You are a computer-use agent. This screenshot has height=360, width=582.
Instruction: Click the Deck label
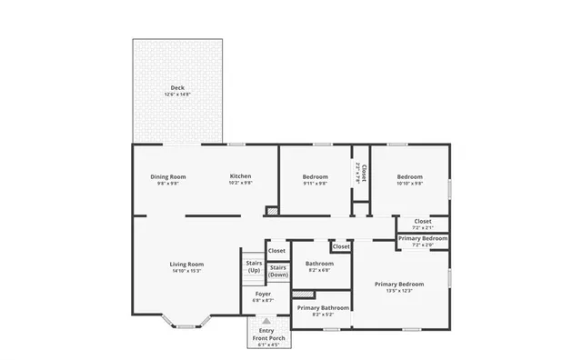(x=177, y=88)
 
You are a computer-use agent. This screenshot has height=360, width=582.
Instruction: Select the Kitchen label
(x=240, y=176)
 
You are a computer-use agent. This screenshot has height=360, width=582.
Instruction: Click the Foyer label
(x=263, y=294)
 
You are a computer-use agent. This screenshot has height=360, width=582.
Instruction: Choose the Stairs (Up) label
(x=254, y=266)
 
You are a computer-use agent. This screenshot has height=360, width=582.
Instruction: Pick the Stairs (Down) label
(x=278, y=270)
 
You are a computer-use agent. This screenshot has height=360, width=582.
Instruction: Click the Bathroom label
(x=319, y=264)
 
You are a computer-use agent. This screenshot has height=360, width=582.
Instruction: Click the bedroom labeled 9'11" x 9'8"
(x=315, y=176)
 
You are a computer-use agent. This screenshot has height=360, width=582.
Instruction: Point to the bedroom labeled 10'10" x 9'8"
(x=409, y=176)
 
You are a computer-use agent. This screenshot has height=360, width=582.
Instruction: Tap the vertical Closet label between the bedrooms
(x=363, y=173)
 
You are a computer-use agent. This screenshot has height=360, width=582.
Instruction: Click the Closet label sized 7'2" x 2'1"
(x=422, y=221)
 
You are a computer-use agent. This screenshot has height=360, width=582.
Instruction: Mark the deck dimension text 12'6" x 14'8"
(x=177, y=95)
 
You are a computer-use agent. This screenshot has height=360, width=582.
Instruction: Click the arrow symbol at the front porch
(x=266, y=321)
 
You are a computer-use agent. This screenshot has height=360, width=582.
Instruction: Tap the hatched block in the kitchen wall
(x=271, y=212)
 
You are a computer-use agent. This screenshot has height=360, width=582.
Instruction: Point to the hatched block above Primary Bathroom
(x=303, y=294)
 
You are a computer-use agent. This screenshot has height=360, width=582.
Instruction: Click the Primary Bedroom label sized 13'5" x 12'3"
(x=399, y=284)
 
